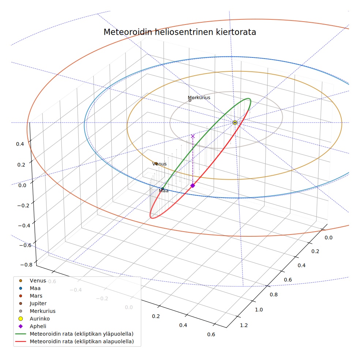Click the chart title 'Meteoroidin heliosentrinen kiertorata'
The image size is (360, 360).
[180, 32]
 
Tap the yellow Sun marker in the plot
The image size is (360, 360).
[235, 123]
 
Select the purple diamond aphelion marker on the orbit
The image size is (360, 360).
[193, 185]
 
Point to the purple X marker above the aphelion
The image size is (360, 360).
[193, 136]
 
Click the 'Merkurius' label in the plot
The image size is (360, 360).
[199, 97]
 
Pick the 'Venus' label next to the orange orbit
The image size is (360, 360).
[160, 164]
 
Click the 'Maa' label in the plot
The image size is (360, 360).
[164, 191]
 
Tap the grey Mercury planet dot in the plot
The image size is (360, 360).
[190, 100]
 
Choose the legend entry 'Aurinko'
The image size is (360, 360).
[40, 319]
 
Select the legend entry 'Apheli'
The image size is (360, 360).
[38, 326]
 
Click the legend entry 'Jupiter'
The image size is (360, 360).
[38, 304]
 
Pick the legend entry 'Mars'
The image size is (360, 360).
[36, 296]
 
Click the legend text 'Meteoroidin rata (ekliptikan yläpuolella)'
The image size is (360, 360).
[82, 334]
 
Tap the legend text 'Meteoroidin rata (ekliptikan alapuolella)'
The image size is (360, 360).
[82, 341]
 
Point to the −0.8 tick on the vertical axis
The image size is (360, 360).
[26, 265]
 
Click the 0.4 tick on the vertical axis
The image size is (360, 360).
[20, 144]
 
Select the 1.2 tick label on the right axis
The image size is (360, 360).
[244, 325]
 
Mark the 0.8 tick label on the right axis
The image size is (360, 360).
[274, 295]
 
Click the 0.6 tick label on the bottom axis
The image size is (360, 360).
[211, 334]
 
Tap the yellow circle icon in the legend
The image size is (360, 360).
[20, 319]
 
